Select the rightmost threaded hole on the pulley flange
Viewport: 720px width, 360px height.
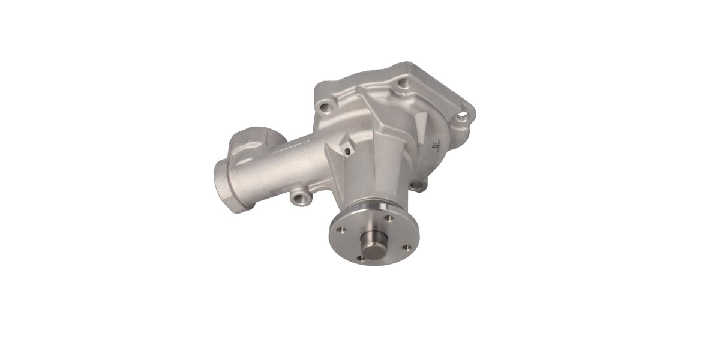[407, 247]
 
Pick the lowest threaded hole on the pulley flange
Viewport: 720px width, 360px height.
[362, 259]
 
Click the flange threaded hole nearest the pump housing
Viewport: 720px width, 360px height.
[388, 218]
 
